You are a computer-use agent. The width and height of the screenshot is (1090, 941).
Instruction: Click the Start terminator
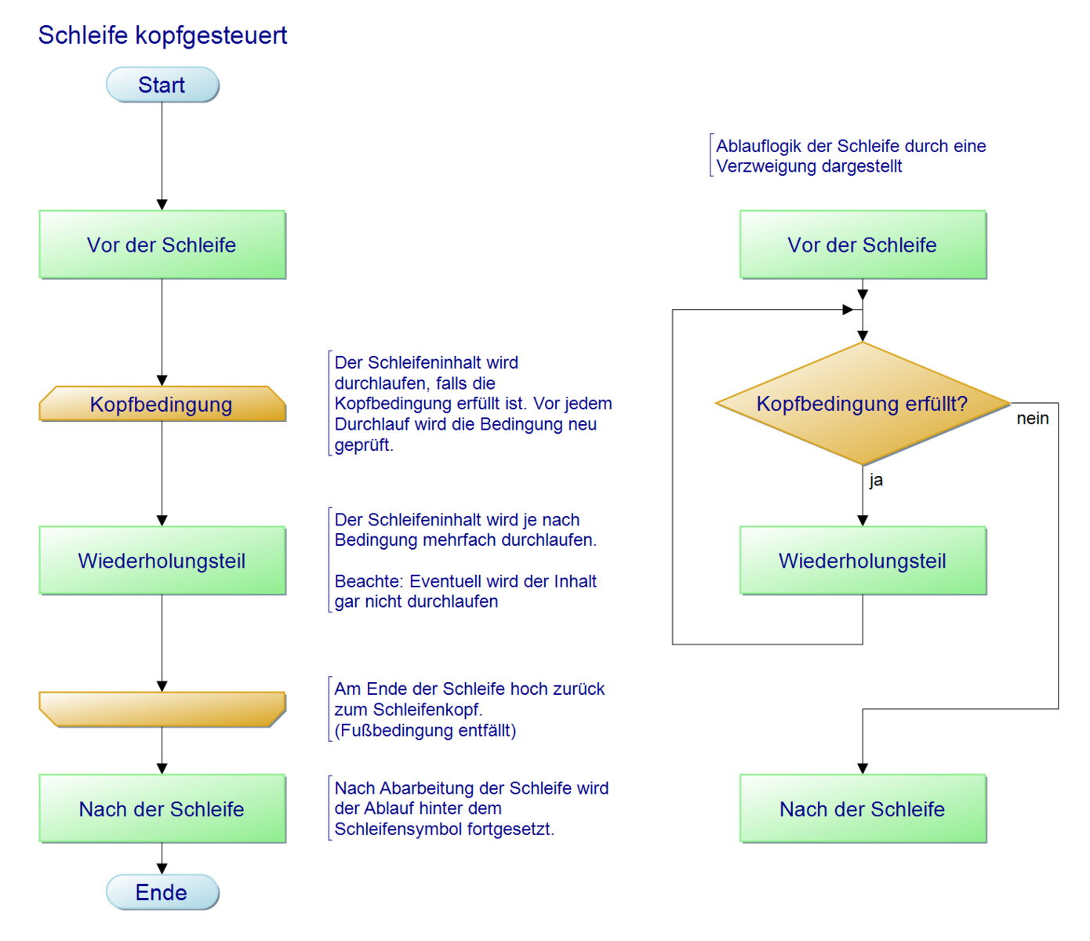pyautogui.click(x=162, y=85)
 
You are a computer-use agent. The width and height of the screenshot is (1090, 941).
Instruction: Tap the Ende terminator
pyautogui.click(x=162, y=892)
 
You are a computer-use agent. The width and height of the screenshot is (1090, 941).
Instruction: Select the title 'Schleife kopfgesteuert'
pyautogui.click(x=162, y=35)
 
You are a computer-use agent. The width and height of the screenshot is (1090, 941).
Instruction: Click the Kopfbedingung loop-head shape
pyautogui.click(x=162, y=404)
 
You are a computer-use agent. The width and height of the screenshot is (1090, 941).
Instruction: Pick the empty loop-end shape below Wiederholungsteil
pyautogui.click(x=162, y=709)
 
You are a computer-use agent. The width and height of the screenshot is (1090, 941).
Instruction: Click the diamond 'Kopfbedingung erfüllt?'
pyautogui.click(x=863, y=404)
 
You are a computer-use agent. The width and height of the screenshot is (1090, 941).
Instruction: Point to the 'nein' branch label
pyautogui.click(x=1033, y=419)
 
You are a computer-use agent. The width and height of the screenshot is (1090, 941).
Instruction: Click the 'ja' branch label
pyautogui.click(x=876, y=480)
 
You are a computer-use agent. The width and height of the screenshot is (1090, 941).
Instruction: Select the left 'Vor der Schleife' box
pyautogui.click(x=162, y=245)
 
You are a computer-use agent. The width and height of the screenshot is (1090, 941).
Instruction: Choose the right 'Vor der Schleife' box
pyautogui.click(x=863, y=245)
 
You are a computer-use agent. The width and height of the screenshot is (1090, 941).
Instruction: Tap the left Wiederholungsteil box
pyautogui.click(x=162, y=561)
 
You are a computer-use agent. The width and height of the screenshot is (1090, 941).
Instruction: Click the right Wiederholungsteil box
pyautogui.click(x=863, y=561)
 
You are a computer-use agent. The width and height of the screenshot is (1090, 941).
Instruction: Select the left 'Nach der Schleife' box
pyautogui.click(x=162, y=809)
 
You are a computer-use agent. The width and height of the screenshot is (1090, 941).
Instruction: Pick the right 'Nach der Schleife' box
pyautogui.click(x=863, y=809)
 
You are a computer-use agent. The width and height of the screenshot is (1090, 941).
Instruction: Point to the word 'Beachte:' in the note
pyautogui.click(x=369, y=582)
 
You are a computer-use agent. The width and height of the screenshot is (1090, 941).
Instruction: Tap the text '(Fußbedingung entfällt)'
pyautogui.click(x=425, y=731)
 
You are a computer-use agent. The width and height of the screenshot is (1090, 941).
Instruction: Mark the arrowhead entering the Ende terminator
pyautogui.click(x=162, y=868)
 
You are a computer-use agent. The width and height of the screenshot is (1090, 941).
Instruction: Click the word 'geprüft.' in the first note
pyautogui.click(x=364, y=445)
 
